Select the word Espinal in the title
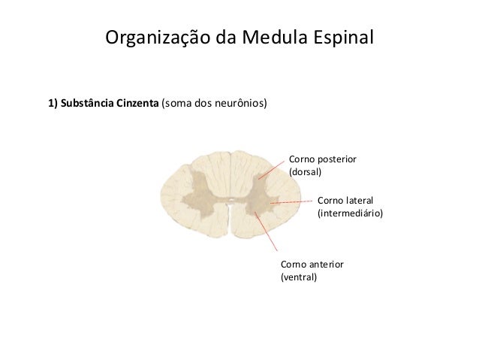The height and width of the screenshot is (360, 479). coord(342,37)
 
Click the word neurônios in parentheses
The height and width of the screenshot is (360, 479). coord(239,104)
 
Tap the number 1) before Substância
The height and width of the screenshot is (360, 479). coord(53,104)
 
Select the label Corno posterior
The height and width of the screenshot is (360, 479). coord(322,159)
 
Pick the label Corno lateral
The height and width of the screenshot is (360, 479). coord(345,200)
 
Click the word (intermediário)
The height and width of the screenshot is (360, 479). coord(350,213)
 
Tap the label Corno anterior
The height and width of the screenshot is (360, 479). coord(312,265)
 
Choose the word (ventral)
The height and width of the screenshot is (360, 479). coord(298,277)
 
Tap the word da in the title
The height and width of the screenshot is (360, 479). coord(226,37)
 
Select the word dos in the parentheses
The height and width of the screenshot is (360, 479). coord(203,104)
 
